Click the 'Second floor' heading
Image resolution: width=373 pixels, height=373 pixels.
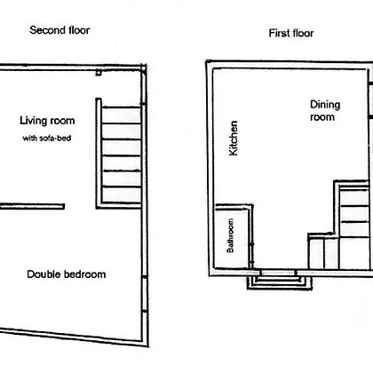(60, 30)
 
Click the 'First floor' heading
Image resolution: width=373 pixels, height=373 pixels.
(291, 33)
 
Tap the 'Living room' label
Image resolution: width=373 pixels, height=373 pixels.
(47, 121)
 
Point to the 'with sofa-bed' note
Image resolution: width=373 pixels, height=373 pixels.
(47, 138)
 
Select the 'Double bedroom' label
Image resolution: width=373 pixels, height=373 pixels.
(67, 274)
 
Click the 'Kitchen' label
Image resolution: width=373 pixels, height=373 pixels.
(234, 138)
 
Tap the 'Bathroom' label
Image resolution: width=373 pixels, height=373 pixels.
(230, 235)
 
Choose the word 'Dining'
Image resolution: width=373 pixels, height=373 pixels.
(325, 105)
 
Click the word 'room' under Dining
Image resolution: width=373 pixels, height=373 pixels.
(322, 117)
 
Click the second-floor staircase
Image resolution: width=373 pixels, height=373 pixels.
(121, 154)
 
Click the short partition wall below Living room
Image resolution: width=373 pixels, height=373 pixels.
(32, 206)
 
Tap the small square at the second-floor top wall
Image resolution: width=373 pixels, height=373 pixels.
(99, 72)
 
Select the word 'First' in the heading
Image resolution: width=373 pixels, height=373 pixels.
(278, 33)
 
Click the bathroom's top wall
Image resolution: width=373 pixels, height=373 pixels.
(234, 207)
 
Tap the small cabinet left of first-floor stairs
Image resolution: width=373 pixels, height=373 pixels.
(323, 251)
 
